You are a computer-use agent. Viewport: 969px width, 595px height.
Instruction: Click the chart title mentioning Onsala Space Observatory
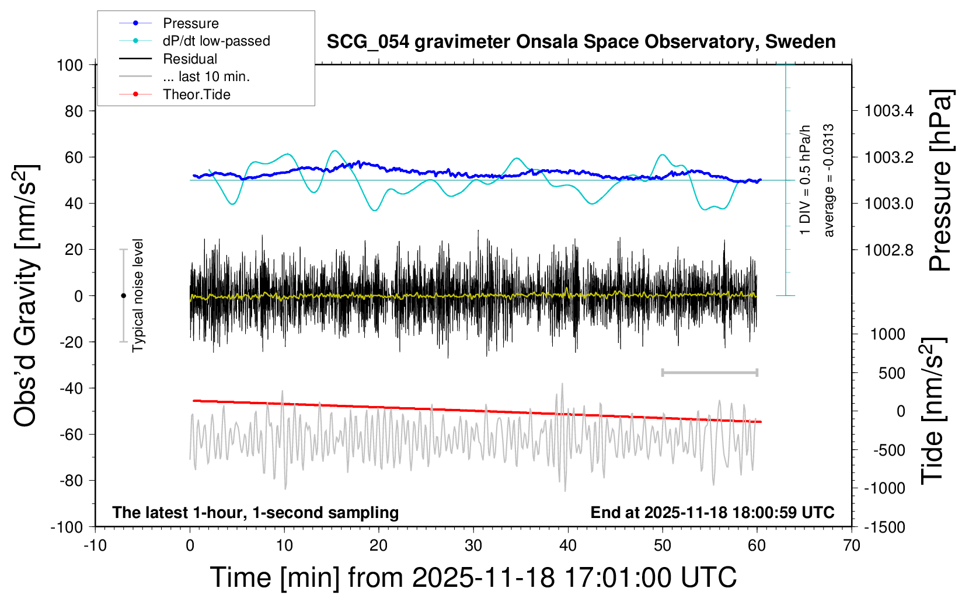581,42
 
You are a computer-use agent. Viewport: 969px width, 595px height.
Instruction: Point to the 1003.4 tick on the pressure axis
889,110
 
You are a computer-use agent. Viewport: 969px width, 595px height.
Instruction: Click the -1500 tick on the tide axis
885,527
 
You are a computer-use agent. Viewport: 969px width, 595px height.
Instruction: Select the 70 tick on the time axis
852,545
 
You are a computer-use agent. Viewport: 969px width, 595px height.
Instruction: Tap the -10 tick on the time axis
95,545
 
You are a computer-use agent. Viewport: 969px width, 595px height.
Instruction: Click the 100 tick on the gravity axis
69,65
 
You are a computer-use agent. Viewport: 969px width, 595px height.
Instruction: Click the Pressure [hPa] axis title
940,180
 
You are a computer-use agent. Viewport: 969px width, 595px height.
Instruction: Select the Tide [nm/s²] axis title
933,411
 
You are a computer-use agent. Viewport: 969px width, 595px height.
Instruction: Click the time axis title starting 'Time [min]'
473,577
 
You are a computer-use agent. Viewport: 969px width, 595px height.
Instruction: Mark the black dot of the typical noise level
123,296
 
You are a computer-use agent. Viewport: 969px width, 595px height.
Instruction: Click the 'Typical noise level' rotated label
138,295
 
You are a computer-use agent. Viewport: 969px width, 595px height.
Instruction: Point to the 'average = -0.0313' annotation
828,180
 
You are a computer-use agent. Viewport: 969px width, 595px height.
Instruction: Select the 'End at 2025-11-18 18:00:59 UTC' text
712,512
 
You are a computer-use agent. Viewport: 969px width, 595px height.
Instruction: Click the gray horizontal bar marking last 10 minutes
709,372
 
